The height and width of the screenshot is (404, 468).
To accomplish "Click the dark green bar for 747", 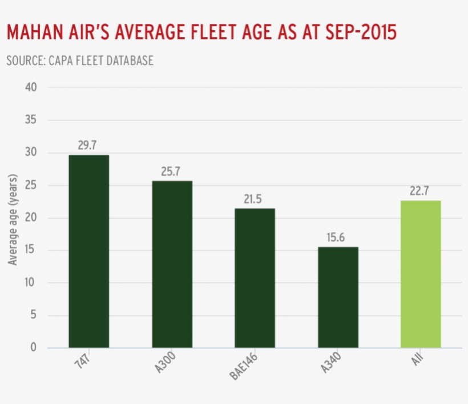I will point(88,251).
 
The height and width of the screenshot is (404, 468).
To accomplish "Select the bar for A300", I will point(172,264).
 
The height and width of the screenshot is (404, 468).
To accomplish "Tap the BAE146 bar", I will point(255,278).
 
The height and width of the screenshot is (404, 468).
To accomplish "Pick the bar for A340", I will point(338,297).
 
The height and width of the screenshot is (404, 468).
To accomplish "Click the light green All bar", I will point(421,274).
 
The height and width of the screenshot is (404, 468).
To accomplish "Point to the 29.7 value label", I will point(88,145).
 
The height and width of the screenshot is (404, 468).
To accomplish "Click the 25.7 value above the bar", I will point(171,171).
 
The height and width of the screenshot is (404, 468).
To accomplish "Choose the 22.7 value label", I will point(421,190).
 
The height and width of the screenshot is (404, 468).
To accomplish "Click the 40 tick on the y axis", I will point(30,88).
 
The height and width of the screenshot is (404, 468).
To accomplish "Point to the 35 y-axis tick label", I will point(30,120).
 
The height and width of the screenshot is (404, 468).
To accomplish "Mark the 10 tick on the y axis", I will point(30,283).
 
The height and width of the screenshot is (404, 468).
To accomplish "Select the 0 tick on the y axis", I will point(33,348).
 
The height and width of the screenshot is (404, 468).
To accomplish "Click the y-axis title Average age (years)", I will point(13,220).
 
